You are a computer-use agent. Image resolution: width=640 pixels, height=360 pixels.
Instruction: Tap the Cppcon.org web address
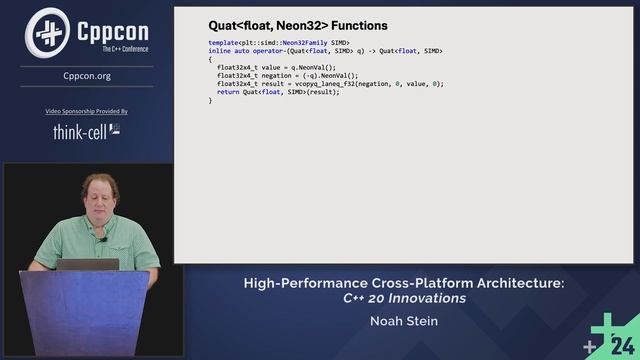click(87, 75)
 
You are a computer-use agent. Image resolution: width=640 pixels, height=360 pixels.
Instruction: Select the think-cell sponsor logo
click(87, 130)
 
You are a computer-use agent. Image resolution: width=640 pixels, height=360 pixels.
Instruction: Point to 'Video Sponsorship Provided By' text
click(87, 111)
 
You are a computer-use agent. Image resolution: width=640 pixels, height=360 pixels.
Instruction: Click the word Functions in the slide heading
click(359, 25)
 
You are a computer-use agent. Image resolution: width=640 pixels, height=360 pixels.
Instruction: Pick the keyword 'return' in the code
click(229, 91)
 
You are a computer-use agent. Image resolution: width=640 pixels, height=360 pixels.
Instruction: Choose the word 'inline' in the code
click(220, 51)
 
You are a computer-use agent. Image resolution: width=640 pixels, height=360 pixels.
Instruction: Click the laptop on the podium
click(87, 264)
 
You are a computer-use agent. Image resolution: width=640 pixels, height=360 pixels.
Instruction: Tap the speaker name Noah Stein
click(404, 322)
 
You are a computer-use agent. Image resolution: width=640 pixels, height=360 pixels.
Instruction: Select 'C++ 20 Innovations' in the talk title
click(404, 298)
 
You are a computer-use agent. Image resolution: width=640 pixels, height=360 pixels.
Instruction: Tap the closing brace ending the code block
click(210, 100)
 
